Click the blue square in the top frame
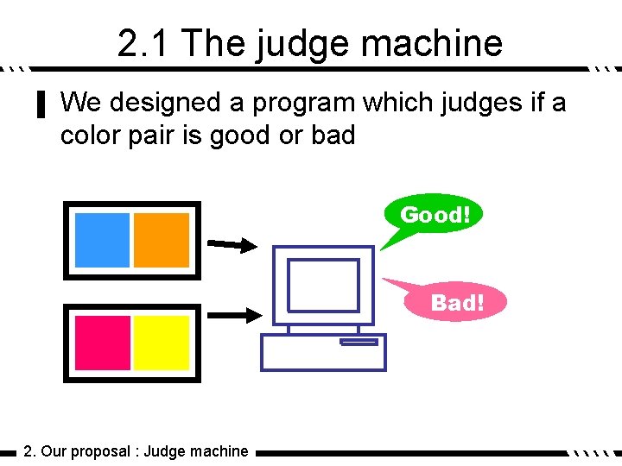point(102,240)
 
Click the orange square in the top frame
point(161,240)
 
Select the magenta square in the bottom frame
point(102,343)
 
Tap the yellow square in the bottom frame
point(161,343)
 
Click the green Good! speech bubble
point(435,215)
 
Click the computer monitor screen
point(323,286)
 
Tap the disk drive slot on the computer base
point(359,342)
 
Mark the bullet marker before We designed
point(39,105)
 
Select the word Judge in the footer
point(163,451)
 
